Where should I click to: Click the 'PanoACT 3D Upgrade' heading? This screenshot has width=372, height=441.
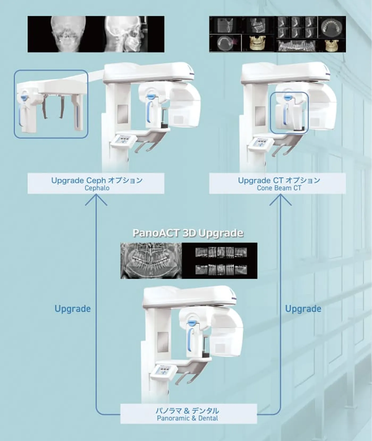[188, 233]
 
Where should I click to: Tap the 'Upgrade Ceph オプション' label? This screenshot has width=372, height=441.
[97, 180]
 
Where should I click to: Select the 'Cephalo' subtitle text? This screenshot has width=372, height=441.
[97, 188]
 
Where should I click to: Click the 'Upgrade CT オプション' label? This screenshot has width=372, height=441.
[279, 180]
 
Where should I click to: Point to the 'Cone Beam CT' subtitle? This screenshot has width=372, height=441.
[279, 188]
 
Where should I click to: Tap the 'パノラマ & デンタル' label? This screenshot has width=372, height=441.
[187, 411]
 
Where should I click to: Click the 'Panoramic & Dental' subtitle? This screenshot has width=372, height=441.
[187, 418]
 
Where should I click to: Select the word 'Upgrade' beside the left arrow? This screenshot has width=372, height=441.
[73, 309]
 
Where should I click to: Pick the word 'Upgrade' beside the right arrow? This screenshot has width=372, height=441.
[303, 309]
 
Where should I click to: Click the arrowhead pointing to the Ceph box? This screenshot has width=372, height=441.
[96, 199]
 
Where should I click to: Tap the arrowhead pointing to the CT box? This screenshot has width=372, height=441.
[280, 199]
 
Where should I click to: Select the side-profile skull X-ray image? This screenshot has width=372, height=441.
[125, 34]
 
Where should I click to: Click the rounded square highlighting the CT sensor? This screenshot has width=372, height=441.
[289, 113]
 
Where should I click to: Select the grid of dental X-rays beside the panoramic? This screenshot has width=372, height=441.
[221, 261]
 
